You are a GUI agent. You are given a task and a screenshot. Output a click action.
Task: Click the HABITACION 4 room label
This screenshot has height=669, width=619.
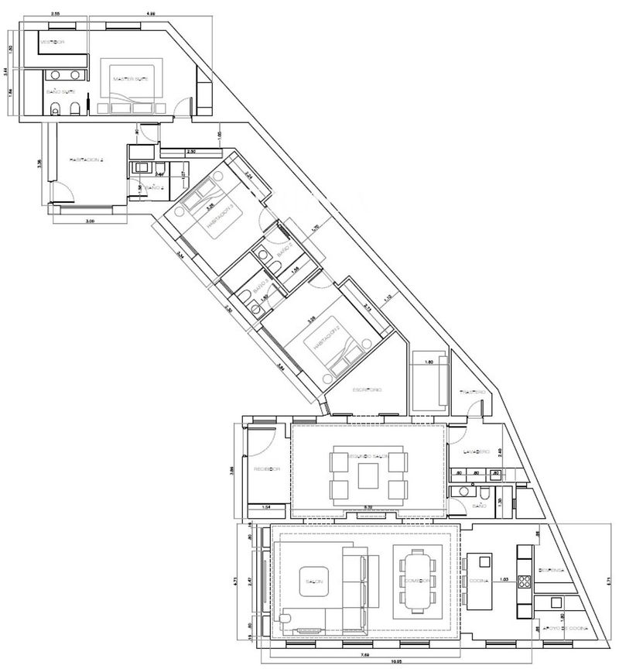[x=86, y=160]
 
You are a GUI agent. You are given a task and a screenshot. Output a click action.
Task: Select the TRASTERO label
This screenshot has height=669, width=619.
[x=472, y=393]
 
